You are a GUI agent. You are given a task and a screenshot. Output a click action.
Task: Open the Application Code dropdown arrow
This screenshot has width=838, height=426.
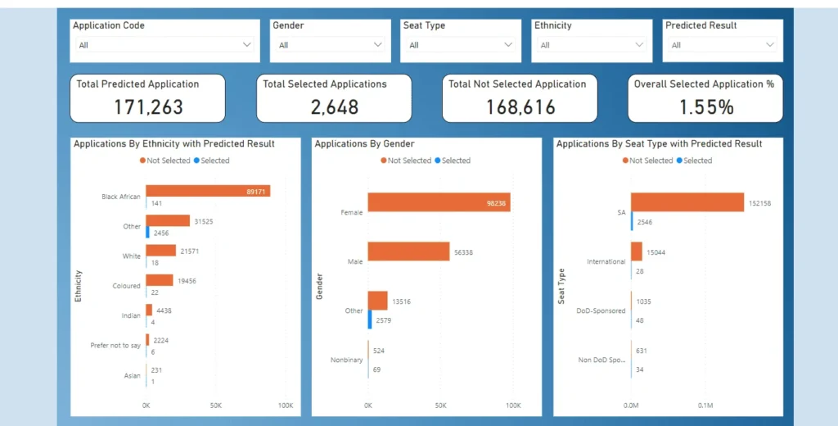[x=247, y=45]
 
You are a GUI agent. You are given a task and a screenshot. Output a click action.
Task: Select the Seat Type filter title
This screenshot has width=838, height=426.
[x=424, y=25]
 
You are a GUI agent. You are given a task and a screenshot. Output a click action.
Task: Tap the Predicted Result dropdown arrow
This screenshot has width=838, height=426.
[x=769, y=45]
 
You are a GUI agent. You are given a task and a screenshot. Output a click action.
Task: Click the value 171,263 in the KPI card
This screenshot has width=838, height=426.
[x=148, y=106]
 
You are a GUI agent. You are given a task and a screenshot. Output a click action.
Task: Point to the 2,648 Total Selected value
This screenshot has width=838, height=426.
[x=324, y=106]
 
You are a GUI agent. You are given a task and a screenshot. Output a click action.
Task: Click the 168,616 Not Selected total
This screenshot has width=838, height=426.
[x=520, y=106]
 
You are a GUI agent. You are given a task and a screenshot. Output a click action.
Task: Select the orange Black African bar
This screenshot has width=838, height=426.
[x=208, y=191]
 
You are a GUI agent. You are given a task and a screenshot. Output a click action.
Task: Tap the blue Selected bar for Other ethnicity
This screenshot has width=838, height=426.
[x=147, y=232]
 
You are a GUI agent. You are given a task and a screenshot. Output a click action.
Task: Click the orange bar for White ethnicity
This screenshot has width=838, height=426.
[x=161, y=251]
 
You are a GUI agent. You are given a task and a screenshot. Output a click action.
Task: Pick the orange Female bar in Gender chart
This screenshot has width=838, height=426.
[x=439, y=202]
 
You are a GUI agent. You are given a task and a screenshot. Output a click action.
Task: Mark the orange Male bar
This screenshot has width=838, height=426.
[x=408, y=252]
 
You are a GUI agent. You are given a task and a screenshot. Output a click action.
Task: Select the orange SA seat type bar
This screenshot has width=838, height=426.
[x=687, y=202]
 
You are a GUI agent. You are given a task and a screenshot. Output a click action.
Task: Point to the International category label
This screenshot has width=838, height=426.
[x=606, y=262]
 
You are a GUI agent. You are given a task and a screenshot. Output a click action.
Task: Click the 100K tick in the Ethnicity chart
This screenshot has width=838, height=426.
[x=285, y=406]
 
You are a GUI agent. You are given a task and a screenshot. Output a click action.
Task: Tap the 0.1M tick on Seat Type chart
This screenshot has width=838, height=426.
[x=705, y=406]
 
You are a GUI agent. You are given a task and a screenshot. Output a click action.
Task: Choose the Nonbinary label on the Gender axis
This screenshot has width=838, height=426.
[x=346, y=360]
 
